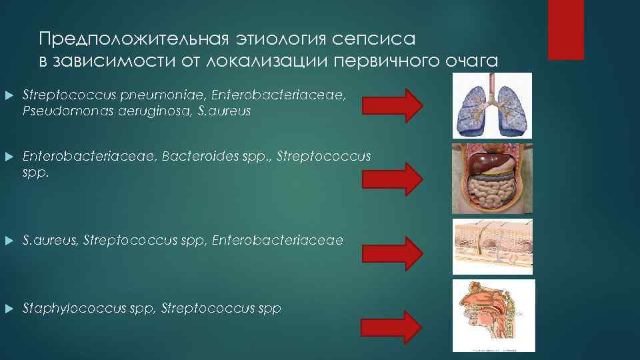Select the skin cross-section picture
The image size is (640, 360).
493,246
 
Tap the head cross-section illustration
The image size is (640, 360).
493,315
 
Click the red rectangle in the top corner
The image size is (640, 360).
565,29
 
